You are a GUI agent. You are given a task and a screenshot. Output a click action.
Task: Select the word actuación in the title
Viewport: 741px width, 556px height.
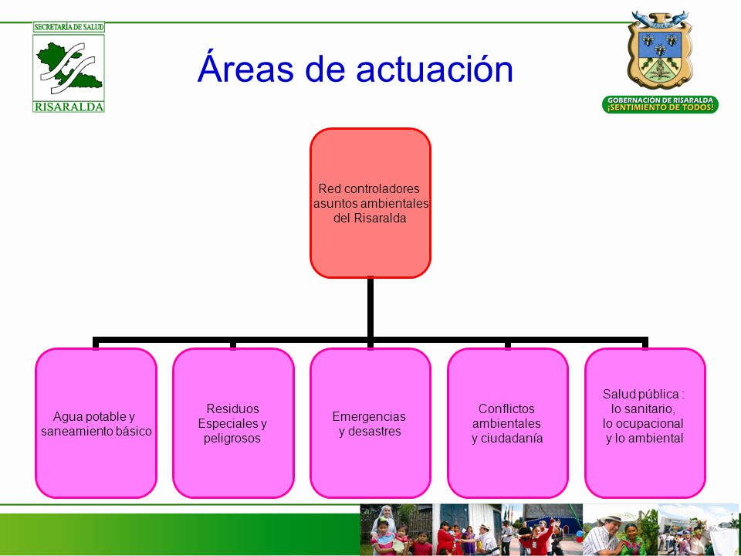point(435,68)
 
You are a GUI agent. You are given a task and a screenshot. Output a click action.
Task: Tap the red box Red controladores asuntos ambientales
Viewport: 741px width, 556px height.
point(370,203)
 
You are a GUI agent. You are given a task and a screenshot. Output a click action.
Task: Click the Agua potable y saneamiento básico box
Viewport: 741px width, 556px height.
point(96,423)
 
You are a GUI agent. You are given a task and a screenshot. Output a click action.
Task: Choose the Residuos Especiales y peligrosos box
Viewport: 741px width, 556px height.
point(233,423)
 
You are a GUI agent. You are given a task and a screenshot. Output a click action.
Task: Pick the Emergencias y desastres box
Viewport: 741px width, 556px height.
point(370,423)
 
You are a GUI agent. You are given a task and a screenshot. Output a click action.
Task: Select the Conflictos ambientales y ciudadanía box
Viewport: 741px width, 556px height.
point(508,423)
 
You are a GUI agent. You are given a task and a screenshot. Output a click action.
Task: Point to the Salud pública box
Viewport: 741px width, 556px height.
point(645,423)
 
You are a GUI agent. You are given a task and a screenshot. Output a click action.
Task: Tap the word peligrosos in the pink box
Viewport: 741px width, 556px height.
point(232,439)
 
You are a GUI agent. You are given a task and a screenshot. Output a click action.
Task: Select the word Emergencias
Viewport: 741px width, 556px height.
point(369,416)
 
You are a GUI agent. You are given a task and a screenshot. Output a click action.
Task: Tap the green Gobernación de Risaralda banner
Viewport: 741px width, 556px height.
point(660,104)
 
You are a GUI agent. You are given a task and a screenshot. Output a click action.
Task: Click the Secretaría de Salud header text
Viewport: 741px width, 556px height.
point(69,27)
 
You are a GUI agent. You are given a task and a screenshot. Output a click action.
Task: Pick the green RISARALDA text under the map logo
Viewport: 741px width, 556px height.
point(69,107)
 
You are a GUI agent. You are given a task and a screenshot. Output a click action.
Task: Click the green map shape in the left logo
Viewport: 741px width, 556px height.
point(69,66)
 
